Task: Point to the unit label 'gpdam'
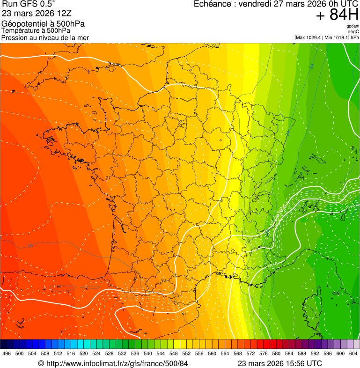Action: click(x=353, y=26)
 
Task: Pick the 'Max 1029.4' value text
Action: click(x=310, y=37)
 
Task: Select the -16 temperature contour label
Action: click(x=29, y=246)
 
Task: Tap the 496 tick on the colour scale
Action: click(x=7, y=353)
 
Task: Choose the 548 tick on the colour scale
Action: click(x=174, y=353)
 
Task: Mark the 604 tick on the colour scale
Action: click(x=353, y=353)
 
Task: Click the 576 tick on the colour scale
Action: click(x=264, y=353)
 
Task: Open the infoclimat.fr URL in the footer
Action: click(x=113, y=363)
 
